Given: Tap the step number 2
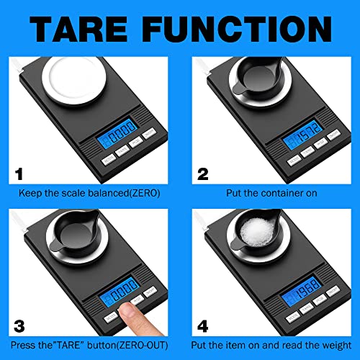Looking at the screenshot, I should (203, 174).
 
